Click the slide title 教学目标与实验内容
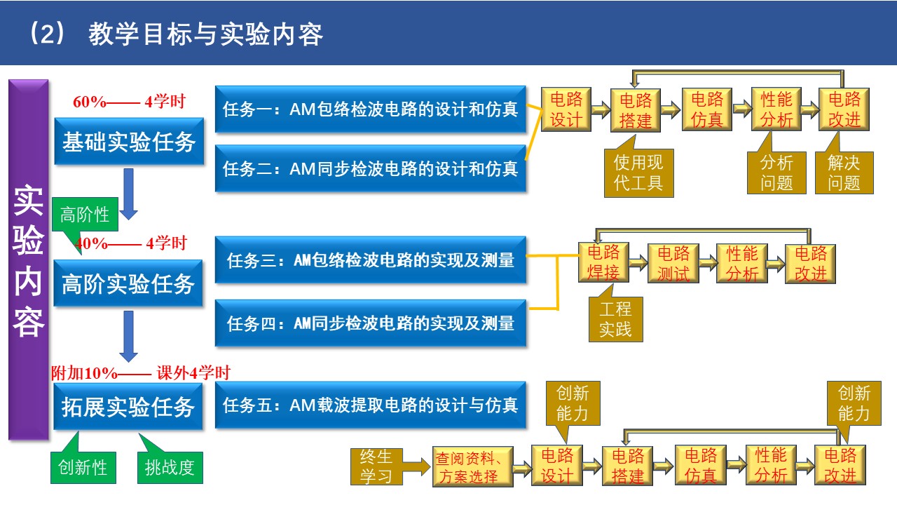coord(205,34)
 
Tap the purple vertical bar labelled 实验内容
coord(29,260)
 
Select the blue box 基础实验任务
coord(129,142)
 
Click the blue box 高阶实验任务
coord(128,283)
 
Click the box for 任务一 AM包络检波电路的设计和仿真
coord(370,109)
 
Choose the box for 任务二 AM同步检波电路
coord(370,168)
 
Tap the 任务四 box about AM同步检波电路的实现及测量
coord(370,323)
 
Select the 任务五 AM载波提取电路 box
coord(370,405)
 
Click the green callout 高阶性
coord(85,215)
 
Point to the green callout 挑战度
coord(170,467)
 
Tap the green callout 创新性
coord(83,467)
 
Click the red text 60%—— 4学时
coord(129,102)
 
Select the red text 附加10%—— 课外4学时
coord(140,373)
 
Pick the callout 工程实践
coord(615,319)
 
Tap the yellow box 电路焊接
coord(603,262)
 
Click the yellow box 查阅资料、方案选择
coord(473,467)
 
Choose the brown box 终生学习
coord(376,467)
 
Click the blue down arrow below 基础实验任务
coord(128,192)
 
